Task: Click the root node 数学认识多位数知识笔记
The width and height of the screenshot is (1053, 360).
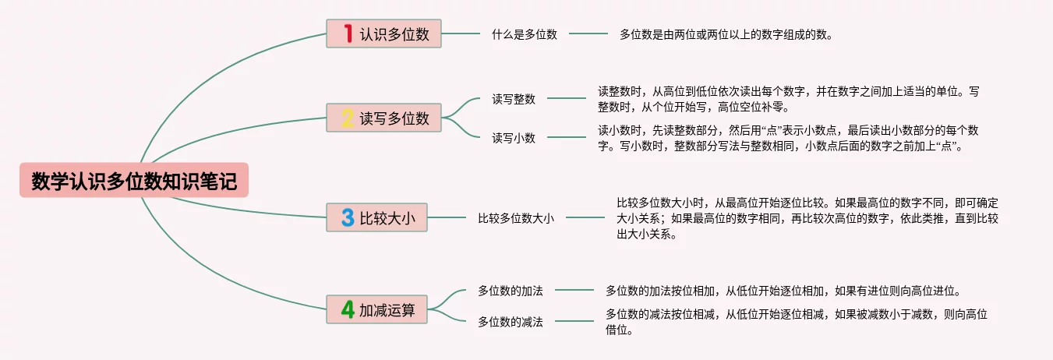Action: (133, 180)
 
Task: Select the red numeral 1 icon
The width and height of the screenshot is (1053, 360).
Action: (348, 34)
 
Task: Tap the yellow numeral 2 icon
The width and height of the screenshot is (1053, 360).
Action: (348, 118)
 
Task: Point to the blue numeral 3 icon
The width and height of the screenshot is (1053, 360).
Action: (348, 217)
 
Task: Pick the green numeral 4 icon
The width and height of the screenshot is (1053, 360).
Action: (348, 309)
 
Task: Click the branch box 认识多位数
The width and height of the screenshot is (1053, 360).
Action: (383, 34)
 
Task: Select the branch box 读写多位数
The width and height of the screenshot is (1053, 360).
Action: (383, 118)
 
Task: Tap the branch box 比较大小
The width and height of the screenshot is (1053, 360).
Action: (376, 217)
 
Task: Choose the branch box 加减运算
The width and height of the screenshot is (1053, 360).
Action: (376, 309)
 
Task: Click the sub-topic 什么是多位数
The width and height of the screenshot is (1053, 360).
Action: (524, 34)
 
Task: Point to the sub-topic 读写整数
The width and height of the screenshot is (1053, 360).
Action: (514, 99)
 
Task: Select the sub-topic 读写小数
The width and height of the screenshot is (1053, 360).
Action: (514, 138)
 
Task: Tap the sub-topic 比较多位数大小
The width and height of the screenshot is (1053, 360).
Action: (516, 218)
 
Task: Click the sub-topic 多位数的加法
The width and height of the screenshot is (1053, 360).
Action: (511, 291)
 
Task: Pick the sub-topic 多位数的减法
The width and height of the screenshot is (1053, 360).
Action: (511, 321)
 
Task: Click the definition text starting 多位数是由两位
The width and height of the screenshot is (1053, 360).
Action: (726, 34)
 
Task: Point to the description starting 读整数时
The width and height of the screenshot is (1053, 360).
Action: (788, 99)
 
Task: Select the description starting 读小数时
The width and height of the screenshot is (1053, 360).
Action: (788, 138)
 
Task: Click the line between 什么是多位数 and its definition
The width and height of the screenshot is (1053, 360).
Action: (588, 34)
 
